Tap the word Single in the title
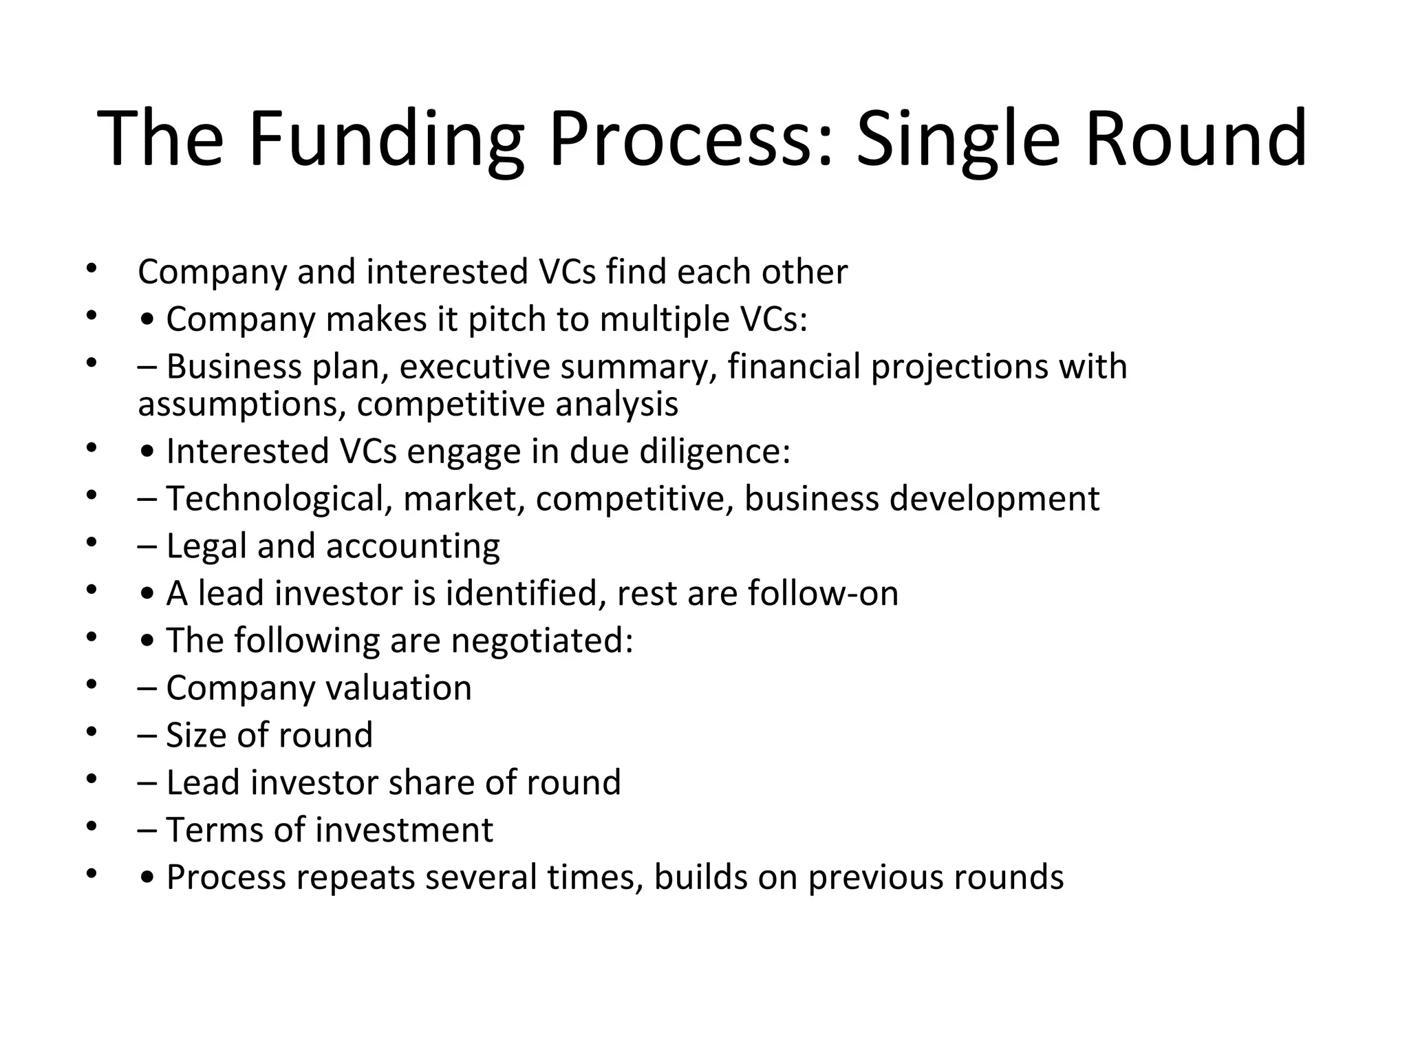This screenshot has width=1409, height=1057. click(957, 140)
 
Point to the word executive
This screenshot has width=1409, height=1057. click(474, 367)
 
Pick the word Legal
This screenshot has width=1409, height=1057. click(206, 547)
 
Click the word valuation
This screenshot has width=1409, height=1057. click(398, 688)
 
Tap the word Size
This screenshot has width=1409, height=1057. click(196, 736)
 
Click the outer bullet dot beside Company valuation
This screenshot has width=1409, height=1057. click(91, 685)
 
